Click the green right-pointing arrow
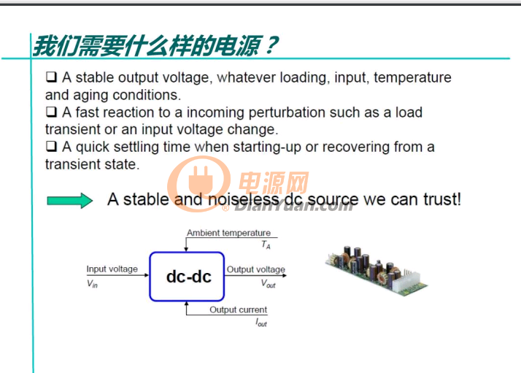[x=70, y=201]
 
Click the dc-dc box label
[x=188, y=277]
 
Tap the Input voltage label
[x=112, y=269]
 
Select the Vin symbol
[x=92, y=283]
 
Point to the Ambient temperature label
[x=228, y=233]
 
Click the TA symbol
[x=266, y=245]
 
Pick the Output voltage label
[x=256, y=269]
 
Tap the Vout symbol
[x=268, y=283]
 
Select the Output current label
[x=238, y=309]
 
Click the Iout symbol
[x=261, y=323]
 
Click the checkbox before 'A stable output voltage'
[x=51, y=77]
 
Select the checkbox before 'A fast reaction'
[x=51, y=112]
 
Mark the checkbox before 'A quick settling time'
[x=51, y=146]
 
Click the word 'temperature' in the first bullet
[x=412, y=78]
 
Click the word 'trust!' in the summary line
[x=442, y=199]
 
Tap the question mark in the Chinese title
[x=271, y=45]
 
